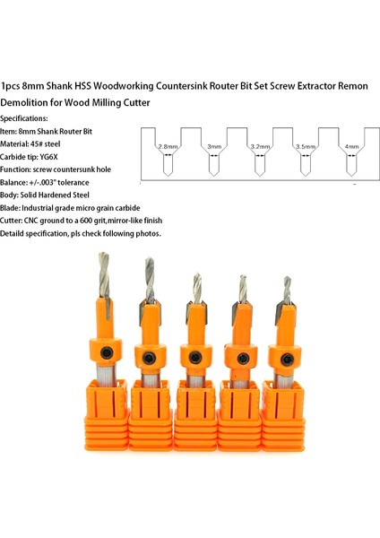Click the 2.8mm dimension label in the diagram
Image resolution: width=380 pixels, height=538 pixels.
pos(168,145)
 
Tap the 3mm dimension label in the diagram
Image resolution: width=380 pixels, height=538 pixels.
pos(214,145)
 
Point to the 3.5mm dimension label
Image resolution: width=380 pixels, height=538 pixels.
pos(306,145)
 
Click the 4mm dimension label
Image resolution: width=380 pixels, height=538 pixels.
pos(351,145)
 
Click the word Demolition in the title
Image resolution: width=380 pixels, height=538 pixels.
pos(31,103)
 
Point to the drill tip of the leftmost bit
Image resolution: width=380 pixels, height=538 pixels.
pos(102,260)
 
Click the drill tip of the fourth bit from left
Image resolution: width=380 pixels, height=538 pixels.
pos(242,281)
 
